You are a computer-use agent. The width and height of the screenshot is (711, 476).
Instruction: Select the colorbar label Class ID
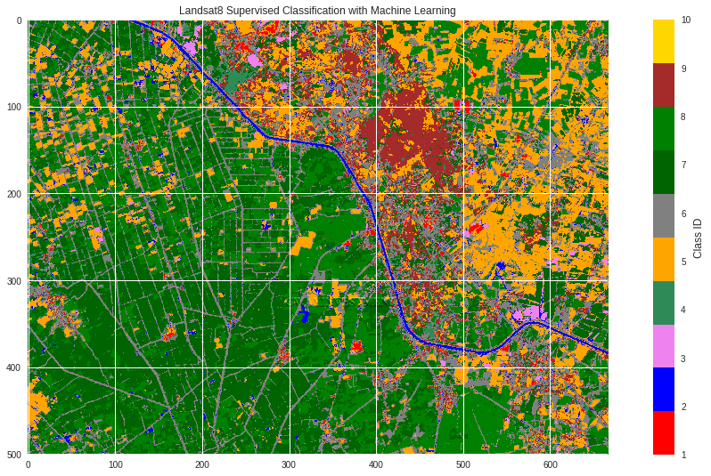[698, 238]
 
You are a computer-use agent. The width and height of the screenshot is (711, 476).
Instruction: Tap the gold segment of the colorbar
[664, 41]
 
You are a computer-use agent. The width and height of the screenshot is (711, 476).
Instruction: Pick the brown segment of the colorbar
[664, 85]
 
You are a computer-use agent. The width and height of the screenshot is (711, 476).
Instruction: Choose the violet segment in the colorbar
[664, 345]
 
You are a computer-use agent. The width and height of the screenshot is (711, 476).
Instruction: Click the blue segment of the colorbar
[664, 389]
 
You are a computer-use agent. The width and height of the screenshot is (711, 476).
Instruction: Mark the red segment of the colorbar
[664, 432]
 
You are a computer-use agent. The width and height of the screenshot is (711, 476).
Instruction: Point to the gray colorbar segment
[664, 215]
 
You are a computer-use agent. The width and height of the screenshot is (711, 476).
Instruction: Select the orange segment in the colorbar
[664, 259]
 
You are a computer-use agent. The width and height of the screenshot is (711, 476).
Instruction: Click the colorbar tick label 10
[686, 20]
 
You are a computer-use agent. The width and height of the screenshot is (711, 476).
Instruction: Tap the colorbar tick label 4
[684, 310]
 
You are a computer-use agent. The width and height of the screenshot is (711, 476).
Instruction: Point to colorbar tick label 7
[684, 165]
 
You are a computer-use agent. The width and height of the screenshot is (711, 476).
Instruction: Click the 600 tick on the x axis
[550, 464]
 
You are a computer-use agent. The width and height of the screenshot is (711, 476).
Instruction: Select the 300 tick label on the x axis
[289, 464]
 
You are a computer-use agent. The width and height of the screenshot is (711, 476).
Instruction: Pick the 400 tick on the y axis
[14, 367]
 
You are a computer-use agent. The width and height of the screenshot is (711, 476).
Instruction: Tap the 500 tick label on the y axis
[14, 455]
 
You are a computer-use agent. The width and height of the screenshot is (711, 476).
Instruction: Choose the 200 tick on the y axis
[14, 194]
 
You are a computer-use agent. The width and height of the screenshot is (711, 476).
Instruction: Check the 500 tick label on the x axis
[462, 464]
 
